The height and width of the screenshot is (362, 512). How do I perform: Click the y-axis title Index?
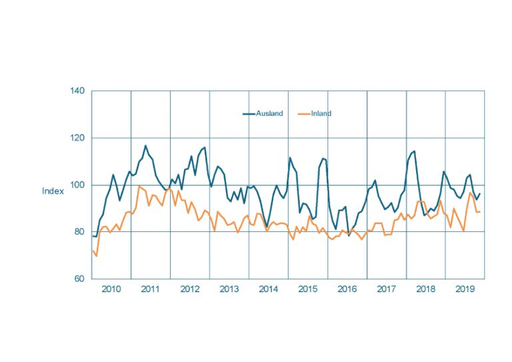(x=53, y=191)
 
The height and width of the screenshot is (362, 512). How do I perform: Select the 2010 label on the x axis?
(x=111, y=290)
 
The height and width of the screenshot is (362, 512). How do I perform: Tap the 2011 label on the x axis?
(x=150, y=290)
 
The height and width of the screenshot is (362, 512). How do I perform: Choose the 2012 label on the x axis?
(x=189, y=290)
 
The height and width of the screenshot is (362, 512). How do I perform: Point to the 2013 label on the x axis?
(x=229, y=290)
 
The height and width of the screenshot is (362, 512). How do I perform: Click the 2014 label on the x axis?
(x=268, y=290)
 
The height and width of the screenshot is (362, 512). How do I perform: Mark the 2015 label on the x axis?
(x=307, y=290)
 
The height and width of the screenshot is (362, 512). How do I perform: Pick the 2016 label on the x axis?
(x=347, y=290)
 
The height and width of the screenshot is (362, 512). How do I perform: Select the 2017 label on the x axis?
(x=386, y=290)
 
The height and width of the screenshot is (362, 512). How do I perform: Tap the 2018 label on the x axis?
(x=425, y=290)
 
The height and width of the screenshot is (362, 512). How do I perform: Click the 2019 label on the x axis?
(x=465, y=290)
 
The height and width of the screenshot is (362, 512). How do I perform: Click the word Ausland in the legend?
(x=271, y=114)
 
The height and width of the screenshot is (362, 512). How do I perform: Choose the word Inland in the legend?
(x=321, y=114)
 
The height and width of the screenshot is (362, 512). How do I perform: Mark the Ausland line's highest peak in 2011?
(x=145, y=145)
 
